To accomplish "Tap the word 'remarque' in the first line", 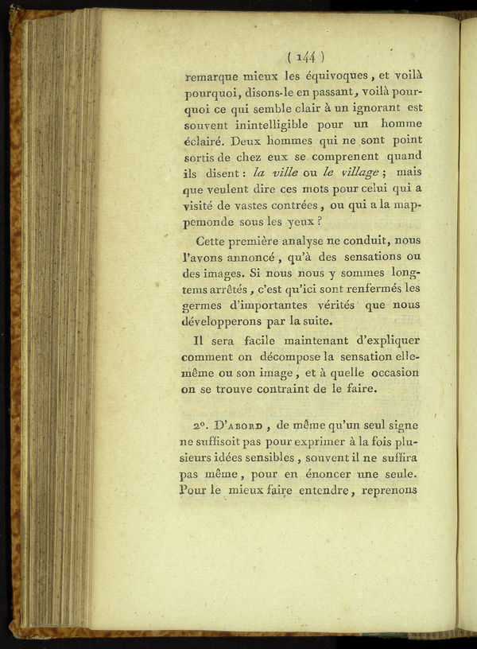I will coord(212,79).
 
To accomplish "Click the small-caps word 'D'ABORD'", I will coord(239,426).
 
